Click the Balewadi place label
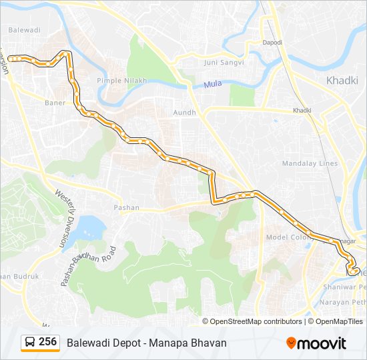tap(24, 31)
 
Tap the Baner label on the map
tap(55, 103)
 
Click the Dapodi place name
tap(272, 43)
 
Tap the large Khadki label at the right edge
tap(343, 81)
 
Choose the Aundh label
tap(184, 113)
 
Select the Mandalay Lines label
tap(310, 163)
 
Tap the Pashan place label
tap(126, 207)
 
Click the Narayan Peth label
tap(342, 302)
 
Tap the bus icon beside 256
tap(31, 343)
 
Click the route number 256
tap(48, 342)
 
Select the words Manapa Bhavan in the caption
tap(194, 343)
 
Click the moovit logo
tap(316, 343)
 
